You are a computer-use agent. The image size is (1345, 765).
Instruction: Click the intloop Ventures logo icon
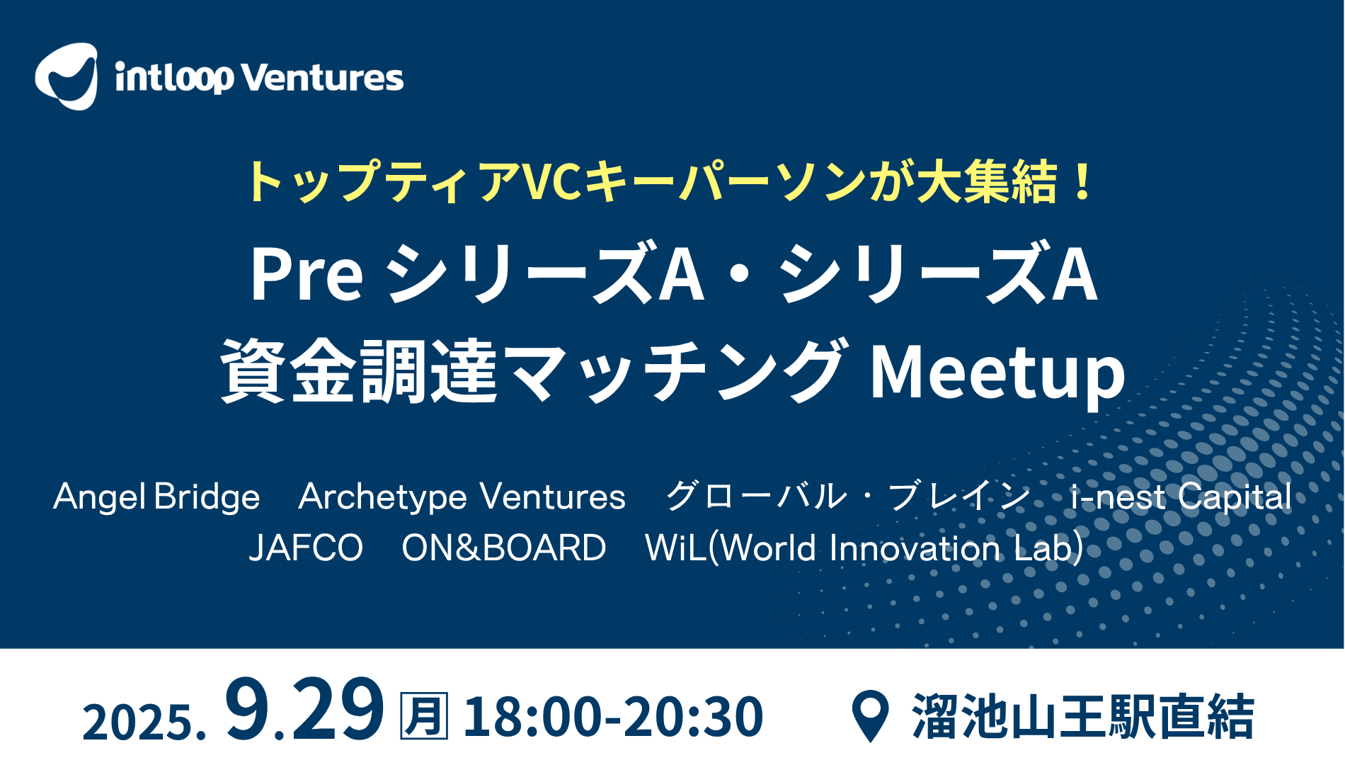point(66,76)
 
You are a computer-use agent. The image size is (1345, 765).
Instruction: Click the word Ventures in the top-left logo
point(323,78)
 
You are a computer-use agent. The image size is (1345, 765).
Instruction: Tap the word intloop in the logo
point(174,78)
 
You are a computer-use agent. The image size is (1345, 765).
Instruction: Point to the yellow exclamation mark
point(1082,181)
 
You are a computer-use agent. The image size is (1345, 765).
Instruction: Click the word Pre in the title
point(307,274)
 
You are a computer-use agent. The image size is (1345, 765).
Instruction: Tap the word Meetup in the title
point(997,373)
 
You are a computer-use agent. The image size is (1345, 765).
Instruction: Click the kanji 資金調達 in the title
point(360,371)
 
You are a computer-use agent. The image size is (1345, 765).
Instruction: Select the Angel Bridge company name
point(156,497)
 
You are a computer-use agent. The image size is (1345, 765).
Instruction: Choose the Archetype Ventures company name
point(462,497)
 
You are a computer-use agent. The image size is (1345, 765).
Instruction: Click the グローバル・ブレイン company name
point(848,496)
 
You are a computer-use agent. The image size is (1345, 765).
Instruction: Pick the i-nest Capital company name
point(1181,497)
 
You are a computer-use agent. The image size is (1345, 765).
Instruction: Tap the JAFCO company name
point(307,548)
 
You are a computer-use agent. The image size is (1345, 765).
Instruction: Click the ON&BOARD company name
point(504,548)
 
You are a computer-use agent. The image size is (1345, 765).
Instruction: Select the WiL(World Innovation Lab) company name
point(864,548)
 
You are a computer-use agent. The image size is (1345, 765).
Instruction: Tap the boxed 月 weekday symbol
point(424,716)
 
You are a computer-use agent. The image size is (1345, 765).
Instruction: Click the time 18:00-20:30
point(613,717)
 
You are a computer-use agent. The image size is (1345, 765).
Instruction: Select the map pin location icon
point(870,715)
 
